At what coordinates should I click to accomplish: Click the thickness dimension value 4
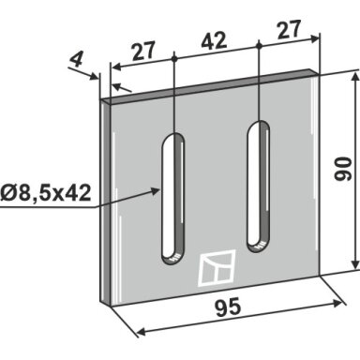pos(76,59)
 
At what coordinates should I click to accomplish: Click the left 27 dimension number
pos(143,51)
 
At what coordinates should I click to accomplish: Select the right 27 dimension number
pos(289,29)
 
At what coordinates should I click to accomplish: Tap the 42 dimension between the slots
pos(214,40)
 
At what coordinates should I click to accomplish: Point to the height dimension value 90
pos(343,169)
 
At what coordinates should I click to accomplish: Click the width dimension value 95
pos(228,307)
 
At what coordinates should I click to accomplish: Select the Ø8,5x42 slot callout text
pos(46,193)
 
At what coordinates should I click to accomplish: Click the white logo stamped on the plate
pos(217,268)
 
